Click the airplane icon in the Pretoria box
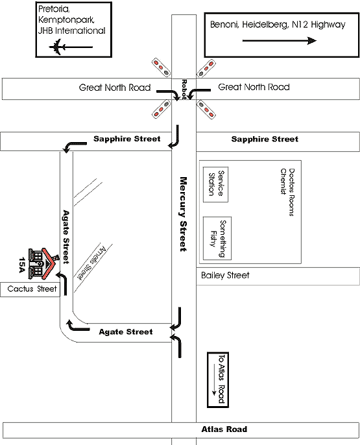57,47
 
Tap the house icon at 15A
43,263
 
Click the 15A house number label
22,265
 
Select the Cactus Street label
32,289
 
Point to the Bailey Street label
225,275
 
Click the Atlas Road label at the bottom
224,429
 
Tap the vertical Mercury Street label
184,214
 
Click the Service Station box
215,184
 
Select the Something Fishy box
217,238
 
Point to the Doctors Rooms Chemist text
287,192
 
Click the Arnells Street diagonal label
92,263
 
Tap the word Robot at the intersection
184,90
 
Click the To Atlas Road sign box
218,379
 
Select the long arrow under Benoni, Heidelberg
280,41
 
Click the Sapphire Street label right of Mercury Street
265,139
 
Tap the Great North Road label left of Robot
115,88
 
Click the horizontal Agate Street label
126,331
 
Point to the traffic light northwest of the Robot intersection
161,67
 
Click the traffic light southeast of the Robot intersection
206,109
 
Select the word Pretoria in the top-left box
54,9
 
